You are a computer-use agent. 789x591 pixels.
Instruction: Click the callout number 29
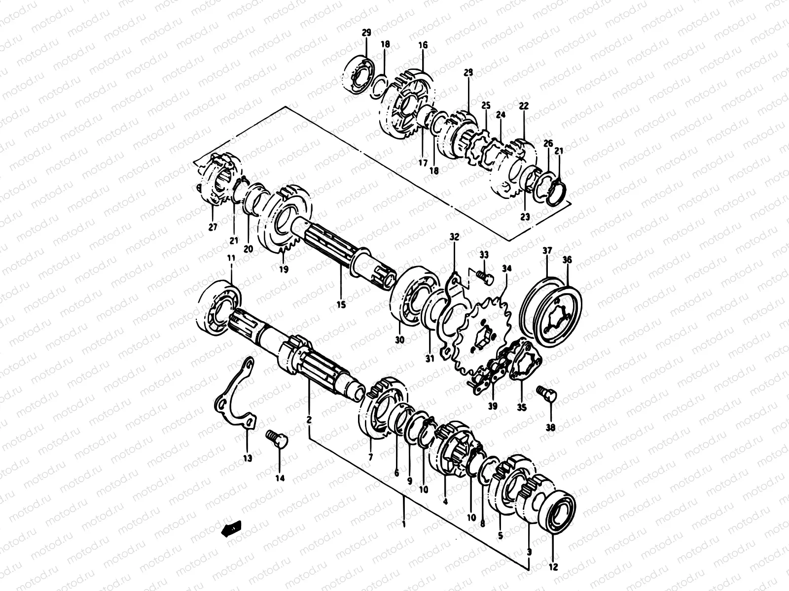366,33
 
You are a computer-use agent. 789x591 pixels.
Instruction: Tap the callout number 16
423,45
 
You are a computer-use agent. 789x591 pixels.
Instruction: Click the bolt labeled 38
546,394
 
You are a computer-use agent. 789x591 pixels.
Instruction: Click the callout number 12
553,567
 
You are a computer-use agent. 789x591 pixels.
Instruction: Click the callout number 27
213,227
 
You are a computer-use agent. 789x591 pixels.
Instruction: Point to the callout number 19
283,269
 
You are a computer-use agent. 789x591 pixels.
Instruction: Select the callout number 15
341,305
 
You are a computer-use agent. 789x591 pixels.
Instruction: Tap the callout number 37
547,251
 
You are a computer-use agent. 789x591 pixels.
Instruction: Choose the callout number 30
399,339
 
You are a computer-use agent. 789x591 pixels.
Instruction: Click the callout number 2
309,420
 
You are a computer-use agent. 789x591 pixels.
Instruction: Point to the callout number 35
521,407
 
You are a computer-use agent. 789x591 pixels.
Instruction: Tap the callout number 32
454,237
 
